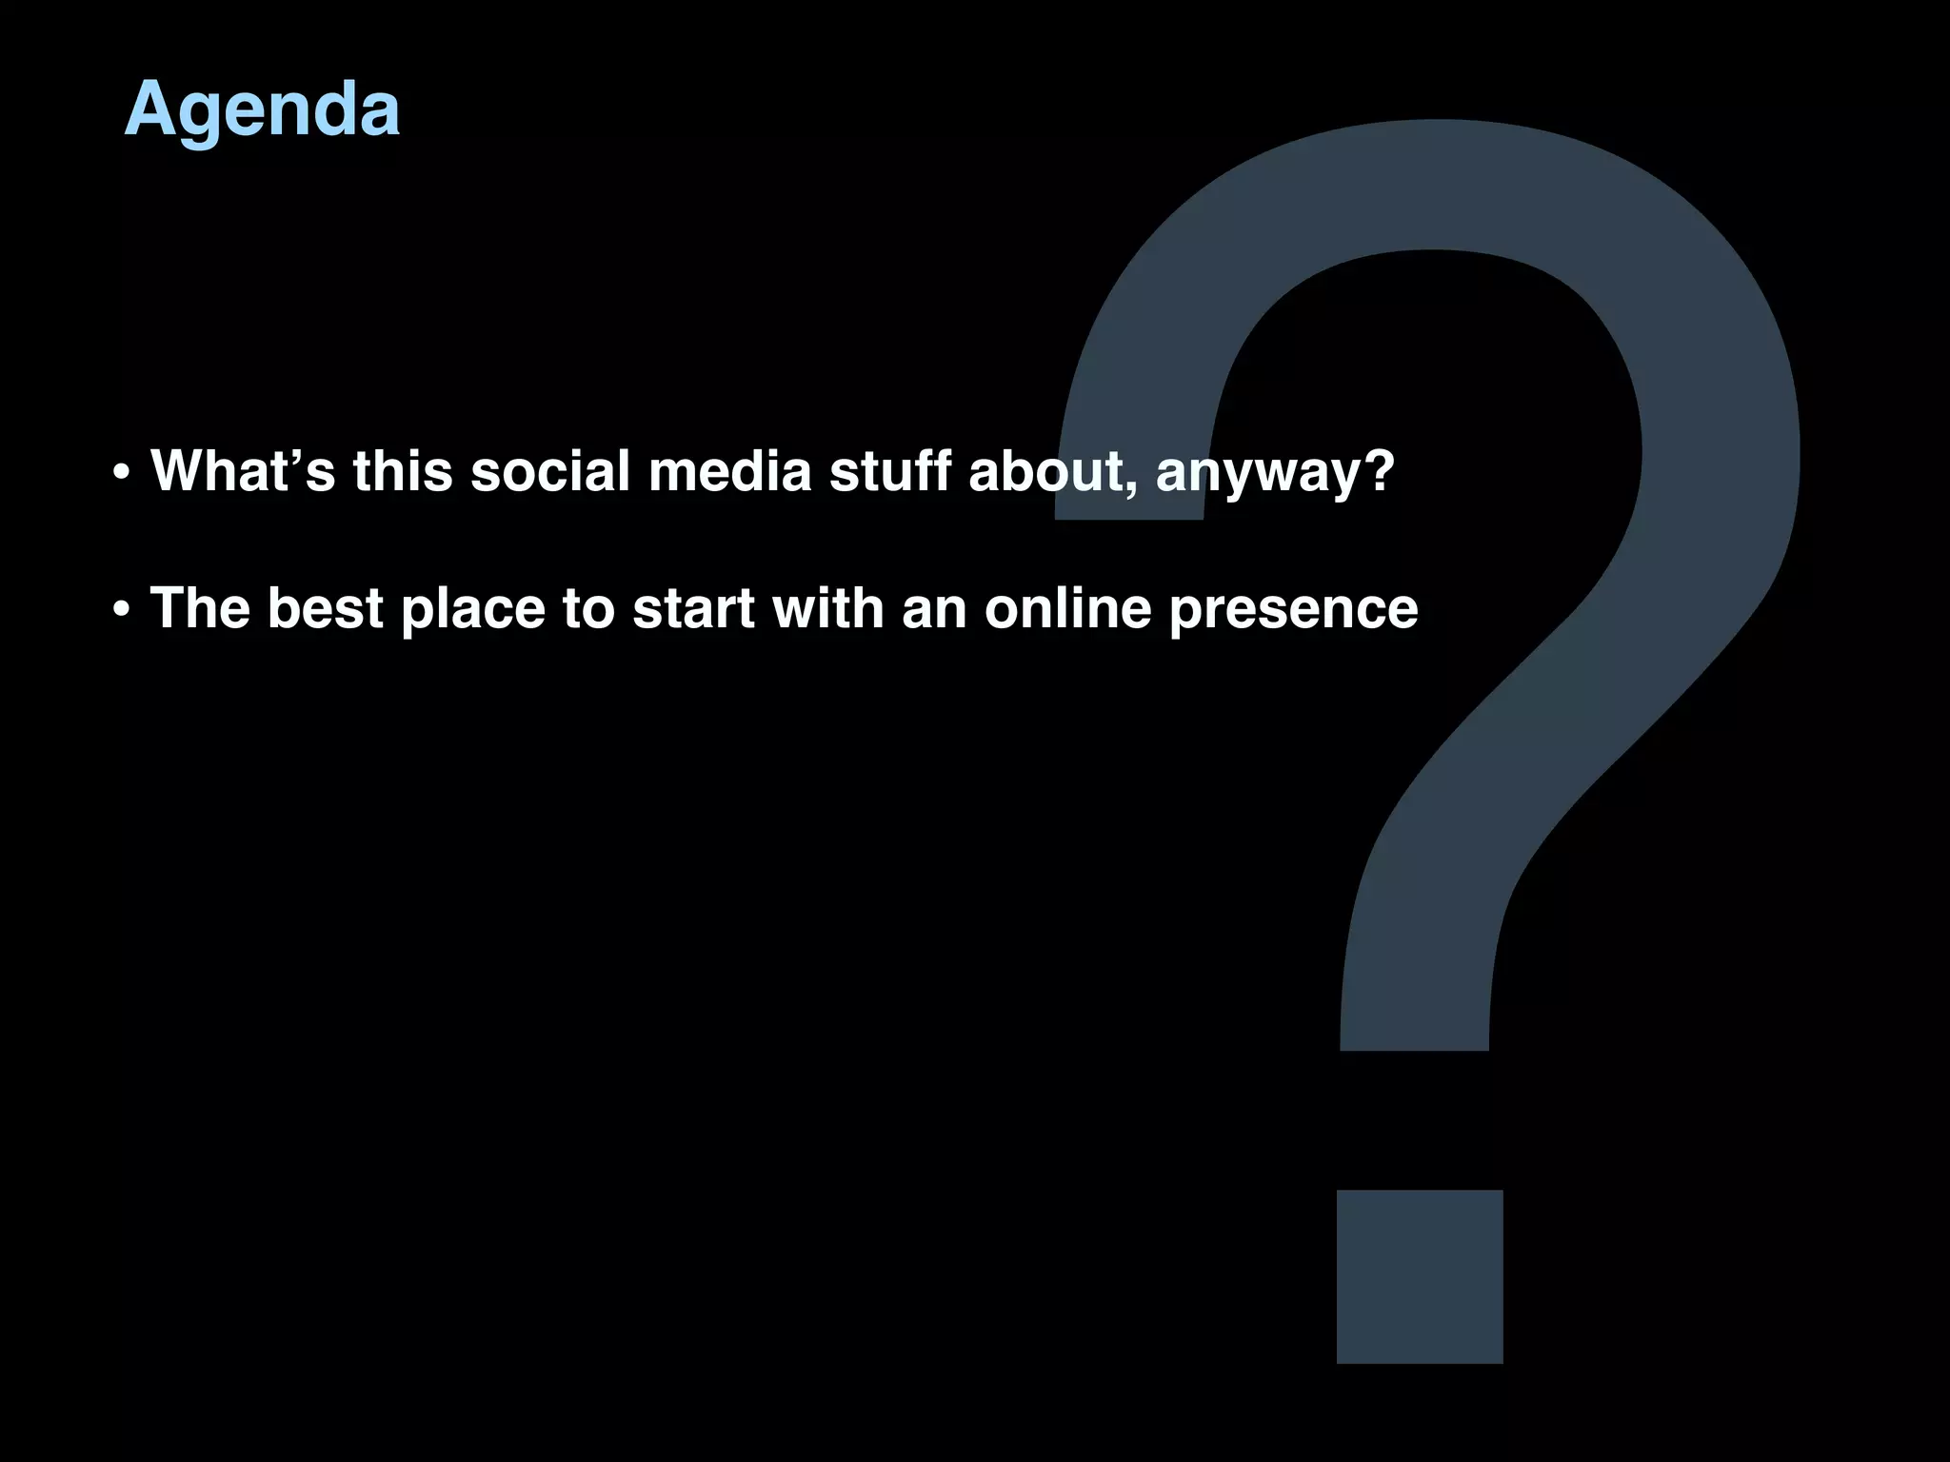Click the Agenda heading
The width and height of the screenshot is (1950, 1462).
click(x=262, y=110)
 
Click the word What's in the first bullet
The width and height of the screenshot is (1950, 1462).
click(x=243, y=470)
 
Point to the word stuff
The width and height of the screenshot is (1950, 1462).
click(x=889, y=470)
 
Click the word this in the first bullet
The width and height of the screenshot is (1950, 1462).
click(x=402, y=470)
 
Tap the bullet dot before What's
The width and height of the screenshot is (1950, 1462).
click(x=120, y=473)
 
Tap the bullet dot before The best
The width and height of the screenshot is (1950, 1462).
click(x=120, y=610)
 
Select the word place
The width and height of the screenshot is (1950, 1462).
click(x=472, y=609)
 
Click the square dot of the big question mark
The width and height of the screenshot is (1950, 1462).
click(x=1420, y=1276)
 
